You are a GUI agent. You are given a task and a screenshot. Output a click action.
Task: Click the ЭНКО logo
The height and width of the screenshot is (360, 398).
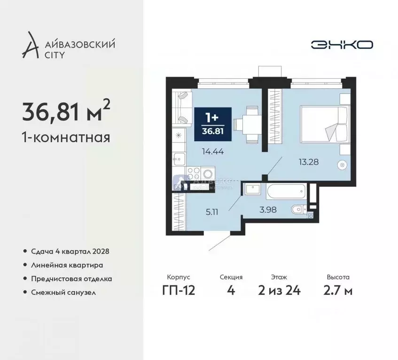(x=342, y=45)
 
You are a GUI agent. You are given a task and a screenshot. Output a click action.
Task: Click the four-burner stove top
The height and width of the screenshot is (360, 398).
(x=193, y=172)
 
